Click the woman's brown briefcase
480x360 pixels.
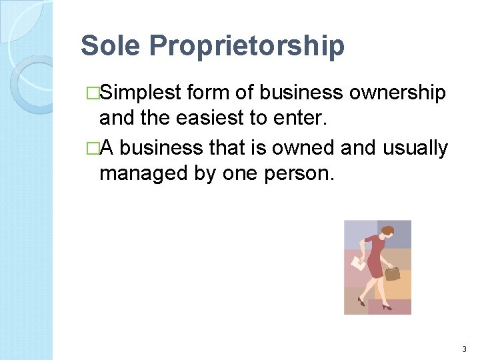click(391, 273)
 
